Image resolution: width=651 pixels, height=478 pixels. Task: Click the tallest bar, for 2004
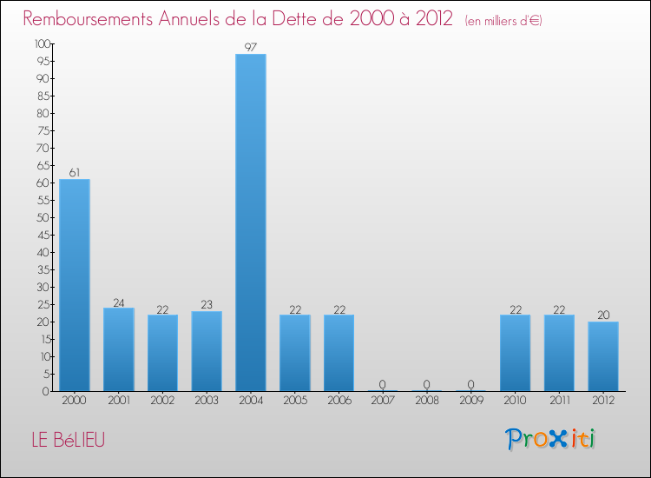point(251,222)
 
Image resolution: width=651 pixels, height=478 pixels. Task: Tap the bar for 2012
point(603,356)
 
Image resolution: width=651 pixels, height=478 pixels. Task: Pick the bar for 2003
point(207,351)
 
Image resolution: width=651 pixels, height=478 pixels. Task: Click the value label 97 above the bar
point(251,48)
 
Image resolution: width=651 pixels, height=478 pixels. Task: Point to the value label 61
point(75,173)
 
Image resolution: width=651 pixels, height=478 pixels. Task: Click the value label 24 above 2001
point(119,302)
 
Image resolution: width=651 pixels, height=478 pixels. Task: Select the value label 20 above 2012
point(603,315)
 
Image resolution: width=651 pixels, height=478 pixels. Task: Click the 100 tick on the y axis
point(42,43)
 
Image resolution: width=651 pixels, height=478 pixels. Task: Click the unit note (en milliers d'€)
point(503,20)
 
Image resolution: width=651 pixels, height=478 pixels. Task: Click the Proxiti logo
point(552,439)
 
